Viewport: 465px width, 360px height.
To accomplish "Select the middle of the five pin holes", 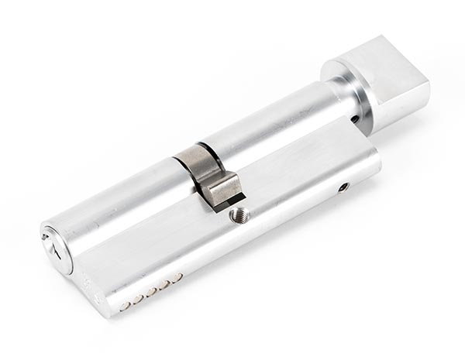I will point(151,291).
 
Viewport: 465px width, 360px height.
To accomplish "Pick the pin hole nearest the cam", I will point(177,277).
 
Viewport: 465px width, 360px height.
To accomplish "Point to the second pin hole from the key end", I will point(138,299).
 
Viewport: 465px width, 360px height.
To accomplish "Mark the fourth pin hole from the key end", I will point(164,284).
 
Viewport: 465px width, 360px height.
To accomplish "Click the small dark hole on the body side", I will point(343,187).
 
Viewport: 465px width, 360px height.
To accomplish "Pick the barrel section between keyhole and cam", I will point(116,205).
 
